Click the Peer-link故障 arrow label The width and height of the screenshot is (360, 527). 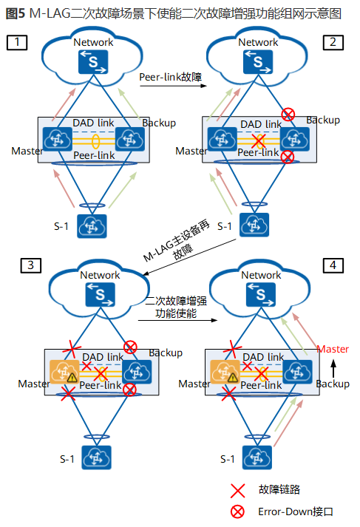[171, 76]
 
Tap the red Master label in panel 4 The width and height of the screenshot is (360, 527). [333, 349]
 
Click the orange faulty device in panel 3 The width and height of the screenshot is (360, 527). [61, 370]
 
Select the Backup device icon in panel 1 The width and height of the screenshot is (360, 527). [129, 137]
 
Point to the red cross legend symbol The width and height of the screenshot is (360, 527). [237, 489]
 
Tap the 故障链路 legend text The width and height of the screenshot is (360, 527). [279, 489]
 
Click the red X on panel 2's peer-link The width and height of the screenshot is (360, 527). [258, 140]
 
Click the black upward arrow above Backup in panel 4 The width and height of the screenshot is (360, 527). [333, 366]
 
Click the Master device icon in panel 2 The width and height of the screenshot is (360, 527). [220, 138]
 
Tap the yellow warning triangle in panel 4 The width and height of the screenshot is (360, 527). [234, 378]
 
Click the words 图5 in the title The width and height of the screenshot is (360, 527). [15, 13]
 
